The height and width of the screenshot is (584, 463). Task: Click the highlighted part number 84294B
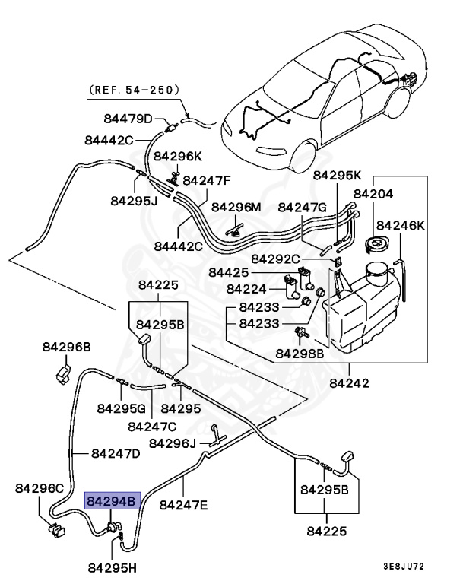pyautogui.click(x=112, y=502)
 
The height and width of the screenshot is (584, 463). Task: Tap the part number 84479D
pyautogui.click(x=128, y=119)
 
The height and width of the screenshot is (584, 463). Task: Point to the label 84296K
pyautogui.click(x=178, y=156)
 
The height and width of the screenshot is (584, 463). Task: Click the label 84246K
pyautogui.click(x=401, y=226)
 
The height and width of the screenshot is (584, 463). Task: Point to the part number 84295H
pyautogui.click(x=113, y=567)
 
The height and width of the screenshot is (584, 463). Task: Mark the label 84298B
pyautogui.click(x=300, y=354)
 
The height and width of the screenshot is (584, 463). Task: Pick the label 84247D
pyautogui.click(x=116, y=453)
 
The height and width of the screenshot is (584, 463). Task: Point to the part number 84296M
pyautogui.click(x=236, y=207)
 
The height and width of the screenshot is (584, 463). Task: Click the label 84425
pyautogui.click(x=228, y=272)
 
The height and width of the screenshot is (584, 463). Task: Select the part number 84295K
pyautogui.click(x=338, y=174)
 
